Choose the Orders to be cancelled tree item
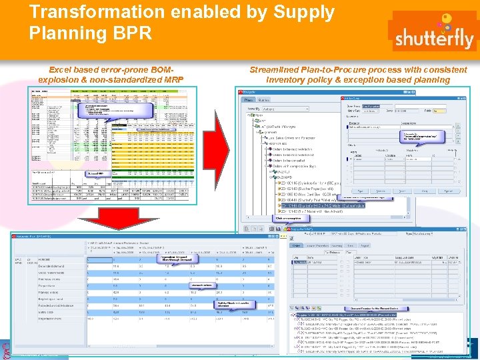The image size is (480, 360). pos(287,161)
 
